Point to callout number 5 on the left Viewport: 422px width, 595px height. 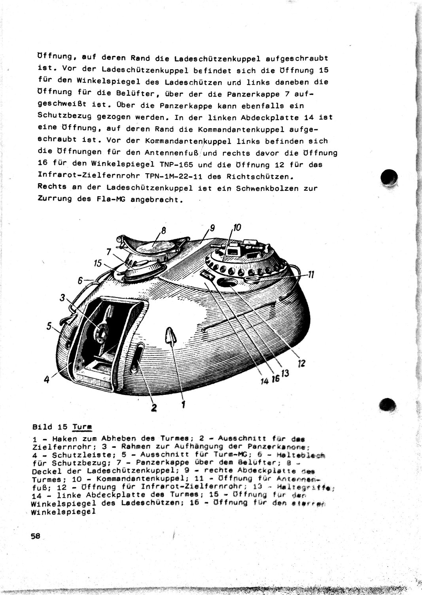click(49, 326)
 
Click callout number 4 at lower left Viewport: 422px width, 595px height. click(46, 379)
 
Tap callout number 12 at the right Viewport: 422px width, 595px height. click(302, 363)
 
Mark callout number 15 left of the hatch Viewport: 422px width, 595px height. click(98, 263)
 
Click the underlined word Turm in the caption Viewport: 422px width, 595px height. click(82, 427)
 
